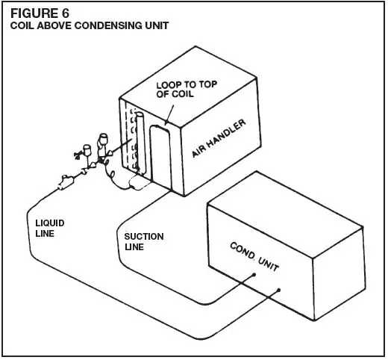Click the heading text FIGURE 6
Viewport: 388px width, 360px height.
pyautogui.click(x=38, y=12)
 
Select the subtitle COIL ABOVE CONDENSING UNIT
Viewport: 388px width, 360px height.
pyautogui.click(x=88, y=25)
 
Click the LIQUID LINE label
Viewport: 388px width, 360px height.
pyautogui.click(x=49, y=227)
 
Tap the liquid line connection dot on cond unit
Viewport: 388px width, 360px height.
pyautogui.click(x=279, y=291)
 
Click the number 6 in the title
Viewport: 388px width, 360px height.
pyautogui.click(x=70, y=12)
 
